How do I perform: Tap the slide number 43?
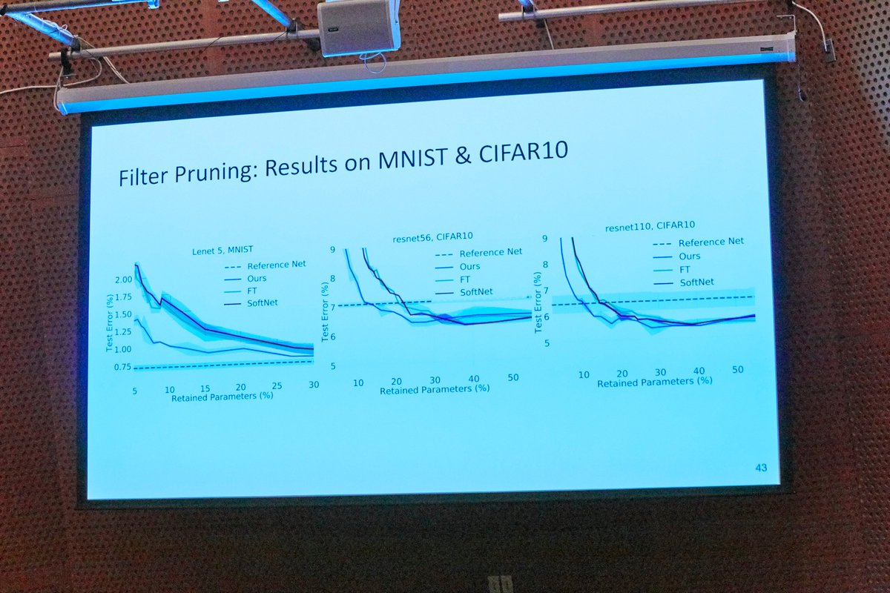pyautogui.click(x=760, y=468)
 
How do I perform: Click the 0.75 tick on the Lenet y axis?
pyautogui.click(x=122, y=368)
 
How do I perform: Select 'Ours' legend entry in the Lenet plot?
pyautogui.click(x=257, y=279)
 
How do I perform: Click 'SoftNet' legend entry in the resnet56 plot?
pyautogui.click(x=476, y=292)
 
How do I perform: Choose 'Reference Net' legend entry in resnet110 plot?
pyautogui.click(x=711, y=242)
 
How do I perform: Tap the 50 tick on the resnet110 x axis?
pyautogui.click(x=737, y=369)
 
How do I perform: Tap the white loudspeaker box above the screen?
pyautogui.click(x=357, y=27)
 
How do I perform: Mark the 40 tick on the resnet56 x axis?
pyautogui.click(x=474, y=378)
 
